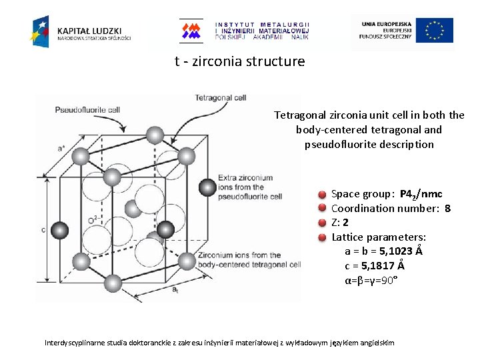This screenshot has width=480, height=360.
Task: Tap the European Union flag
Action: click(x=435, y=31)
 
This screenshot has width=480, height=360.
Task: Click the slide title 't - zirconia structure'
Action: click(x=239, y=62)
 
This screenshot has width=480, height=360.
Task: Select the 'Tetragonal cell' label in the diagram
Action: click(x=220, y=97)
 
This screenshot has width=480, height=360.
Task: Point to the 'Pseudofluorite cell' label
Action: click(x=87, y=109)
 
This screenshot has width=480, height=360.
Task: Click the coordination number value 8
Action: click(x=447, y=208)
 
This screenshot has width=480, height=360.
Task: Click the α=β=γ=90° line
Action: click(x=371, y=279)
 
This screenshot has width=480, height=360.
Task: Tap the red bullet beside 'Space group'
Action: click(x=321, y=195)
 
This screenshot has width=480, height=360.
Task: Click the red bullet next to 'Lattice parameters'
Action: click(x=321, y=237)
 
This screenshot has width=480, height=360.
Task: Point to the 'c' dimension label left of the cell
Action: click(x=43, y=230)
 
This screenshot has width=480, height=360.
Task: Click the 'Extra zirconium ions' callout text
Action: click(x=245, y=187)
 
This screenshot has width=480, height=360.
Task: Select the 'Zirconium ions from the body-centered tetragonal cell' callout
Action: click(x=249, y=260)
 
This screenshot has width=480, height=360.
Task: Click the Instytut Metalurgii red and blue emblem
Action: click(x=192, y=31)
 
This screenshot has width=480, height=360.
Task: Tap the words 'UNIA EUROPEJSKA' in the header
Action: click(x=387, y=24)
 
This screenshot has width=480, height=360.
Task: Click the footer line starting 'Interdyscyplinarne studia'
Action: click(x=219, y=343)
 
